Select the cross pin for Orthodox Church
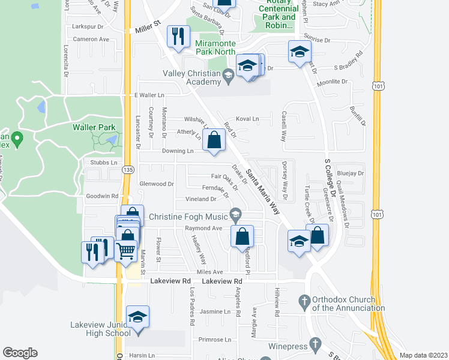304,301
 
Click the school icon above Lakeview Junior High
137,317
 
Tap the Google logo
20,353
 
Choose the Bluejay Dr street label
351,173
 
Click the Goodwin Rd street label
102,196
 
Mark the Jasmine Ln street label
215,312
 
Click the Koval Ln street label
247,119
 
